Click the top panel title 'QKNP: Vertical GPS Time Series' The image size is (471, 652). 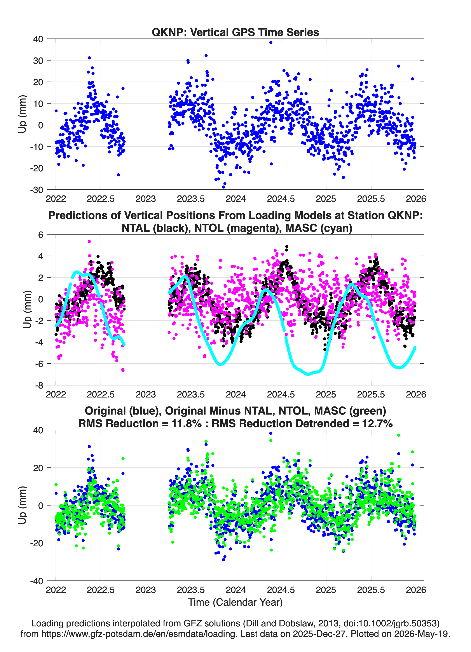tap(235, 32)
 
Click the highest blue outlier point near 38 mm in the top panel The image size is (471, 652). tap(270, 43)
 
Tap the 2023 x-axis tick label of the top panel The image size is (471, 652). tap(146, 199)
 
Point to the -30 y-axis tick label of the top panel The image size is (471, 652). tap(37, 190)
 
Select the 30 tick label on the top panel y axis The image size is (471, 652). tap(38, 61)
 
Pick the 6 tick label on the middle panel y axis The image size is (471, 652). tap(40, 235)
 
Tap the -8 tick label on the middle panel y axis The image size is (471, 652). tap(39, 385)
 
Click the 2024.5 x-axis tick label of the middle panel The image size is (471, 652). tap(281, 394)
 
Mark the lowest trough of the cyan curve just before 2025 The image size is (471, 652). tap(308, 374)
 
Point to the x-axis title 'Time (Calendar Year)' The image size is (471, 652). tap(235, 602)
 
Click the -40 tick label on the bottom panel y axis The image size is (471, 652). tap(37, 581)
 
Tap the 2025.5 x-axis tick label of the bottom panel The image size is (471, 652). tap(371, 590)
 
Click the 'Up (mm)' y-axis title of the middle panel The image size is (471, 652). tap(27, 310)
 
